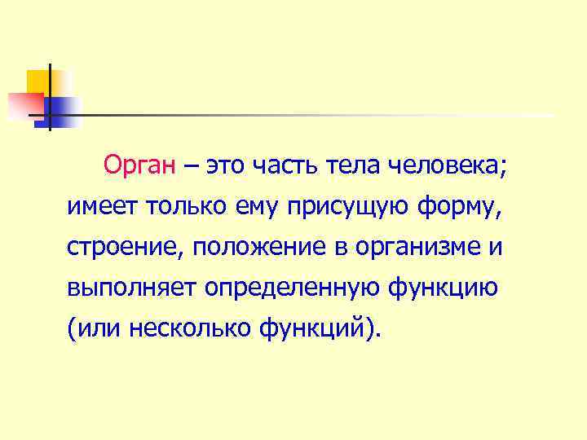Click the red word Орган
click(139, 166)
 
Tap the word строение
click(127, 248)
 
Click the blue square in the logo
click(61, 110)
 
